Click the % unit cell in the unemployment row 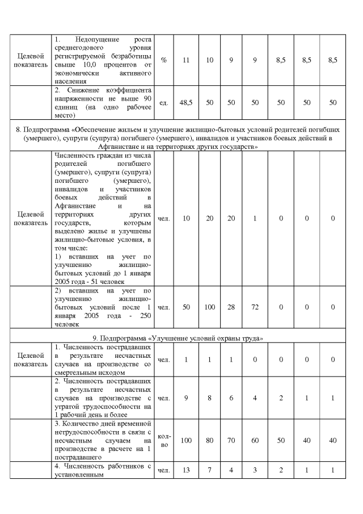pyautogui.click(x=163, y=60)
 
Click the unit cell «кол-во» pyautogui.click(x=163, y=440)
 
